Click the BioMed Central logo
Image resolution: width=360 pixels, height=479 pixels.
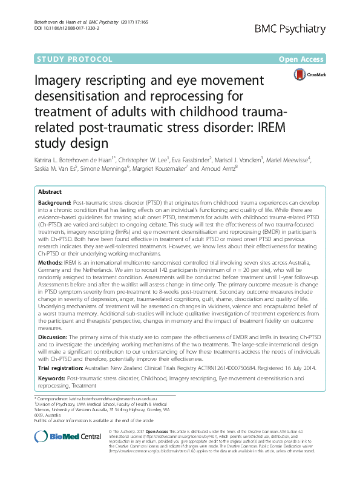coord(67,437)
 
